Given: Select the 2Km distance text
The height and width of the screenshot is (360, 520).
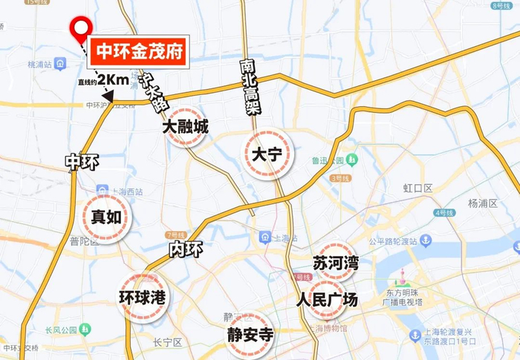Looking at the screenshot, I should point(114,79).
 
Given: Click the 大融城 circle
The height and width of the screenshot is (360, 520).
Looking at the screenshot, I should point(186,127).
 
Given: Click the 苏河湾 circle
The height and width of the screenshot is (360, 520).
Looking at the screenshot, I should point(336,263).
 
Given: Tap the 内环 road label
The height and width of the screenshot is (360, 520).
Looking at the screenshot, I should point(185,249).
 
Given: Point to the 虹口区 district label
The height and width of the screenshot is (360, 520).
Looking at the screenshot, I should point(417,188).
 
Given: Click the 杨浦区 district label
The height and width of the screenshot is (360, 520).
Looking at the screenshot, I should point(484,203).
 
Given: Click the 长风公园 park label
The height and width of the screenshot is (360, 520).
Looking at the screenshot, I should point(60,330).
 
